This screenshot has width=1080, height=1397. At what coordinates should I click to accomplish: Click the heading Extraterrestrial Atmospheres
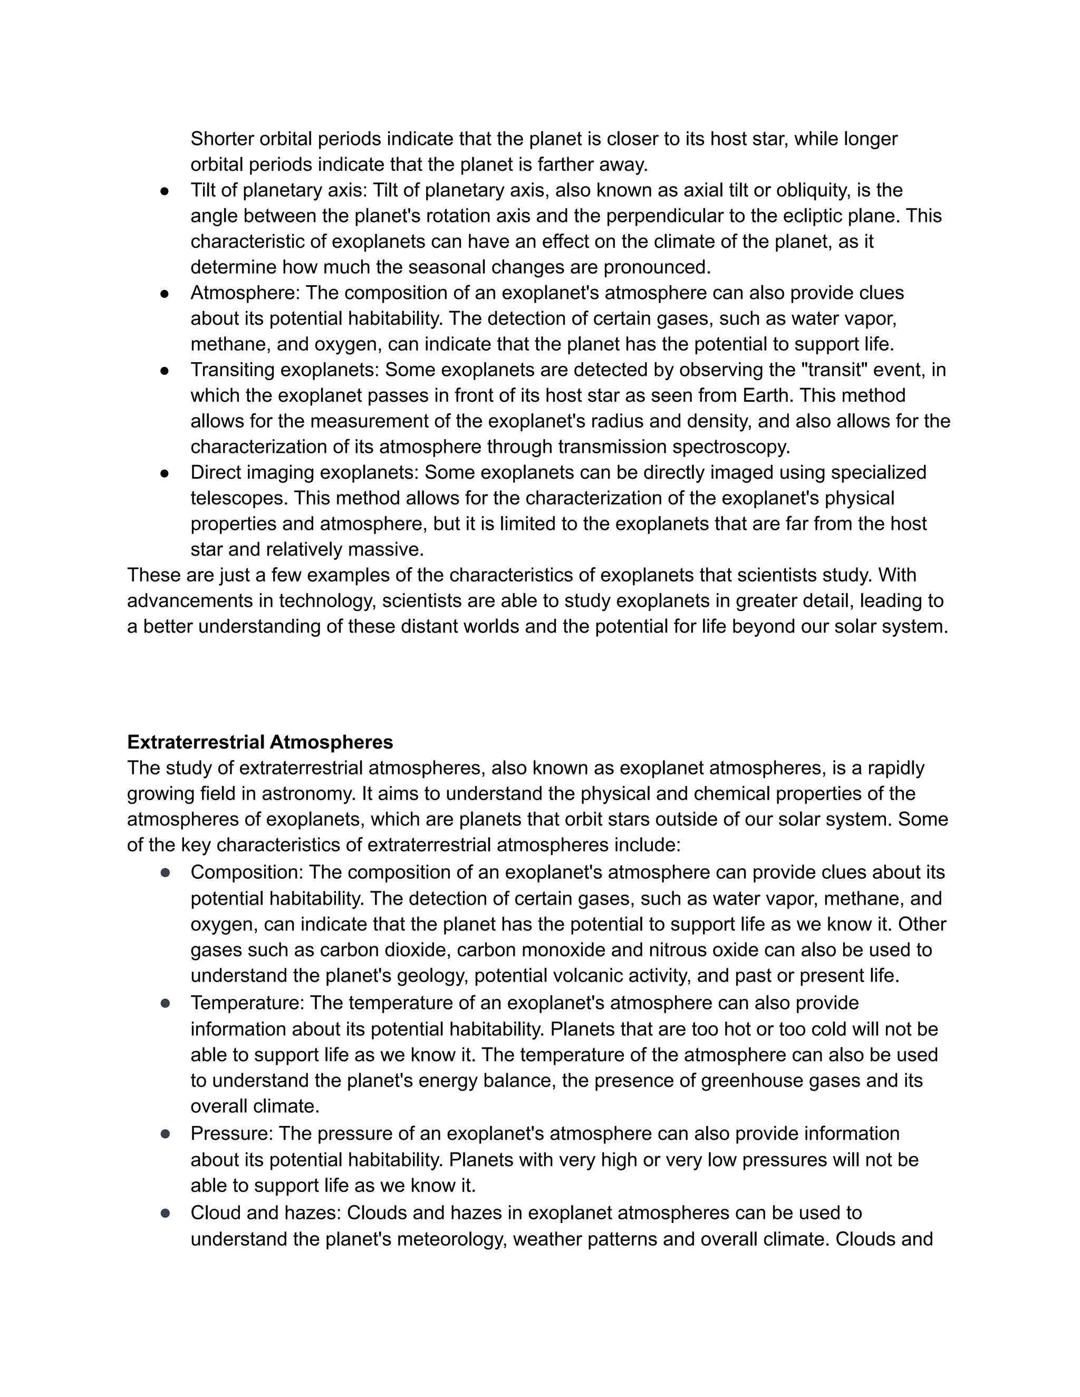[x=260, y=742]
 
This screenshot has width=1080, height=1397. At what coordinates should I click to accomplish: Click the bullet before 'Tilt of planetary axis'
[x=165, y=191]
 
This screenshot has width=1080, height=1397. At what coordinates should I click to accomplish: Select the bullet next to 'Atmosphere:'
[x=165, y=294]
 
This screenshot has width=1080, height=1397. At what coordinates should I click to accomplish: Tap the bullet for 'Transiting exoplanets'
[x=165, y=371]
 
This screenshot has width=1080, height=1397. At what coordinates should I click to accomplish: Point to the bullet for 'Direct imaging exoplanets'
[x=165, y=473]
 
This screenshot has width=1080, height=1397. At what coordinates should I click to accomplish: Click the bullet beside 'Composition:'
[x=165, y=872]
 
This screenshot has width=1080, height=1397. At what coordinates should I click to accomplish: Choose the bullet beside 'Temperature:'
[x=165, y=1004]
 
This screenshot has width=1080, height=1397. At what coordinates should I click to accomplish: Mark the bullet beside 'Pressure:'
[x=165, y=1134]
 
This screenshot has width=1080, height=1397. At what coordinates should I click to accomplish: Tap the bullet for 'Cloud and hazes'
[x=165, y=1214]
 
